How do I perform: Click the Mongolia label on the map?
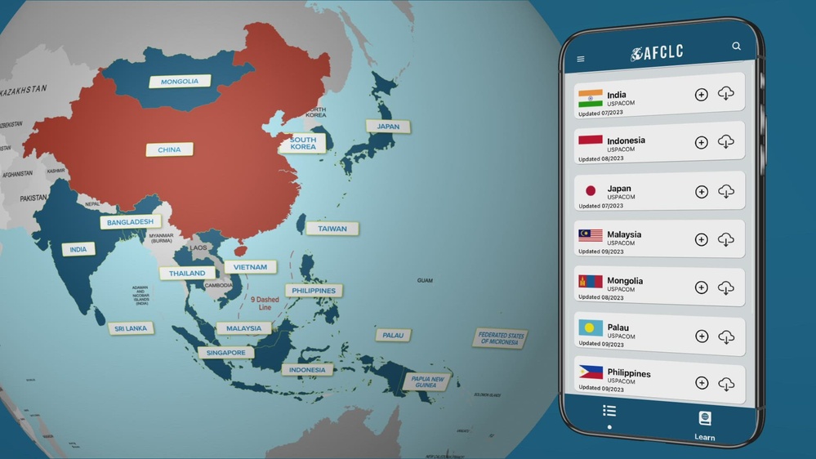(x=180, y=82)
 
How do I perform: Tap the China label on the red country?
(x=169, y=149)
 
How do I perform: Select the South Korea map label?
(x=303, y=144)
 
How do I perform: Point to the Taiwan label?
(x=332, y=229)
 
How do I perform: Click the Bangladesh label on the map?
(x=131, y=221)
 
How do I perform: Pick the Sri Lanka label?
(x=130, y=328)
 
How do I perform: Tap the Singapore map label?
(x=225, y=353)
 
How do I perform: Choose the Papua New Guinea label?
(x=427, y=381)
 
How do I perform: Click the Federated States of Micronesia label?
(x=500, y=338)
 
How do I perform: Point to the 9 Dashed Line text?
(x=264, y=304)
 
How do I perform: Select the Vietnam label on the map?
(x=250, y=267)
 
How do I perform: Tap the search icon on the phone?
(x=737, y=47)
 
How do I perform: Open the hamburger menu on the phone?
(x=581, y=59)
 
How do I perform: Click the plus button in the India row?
(x=701, y=95)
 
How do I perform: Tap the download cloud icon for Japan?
(x=725, y=192)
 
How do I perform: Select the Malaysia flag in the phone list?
(x=591, y=235)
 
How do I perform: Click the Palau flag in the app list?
(x=591, y=328)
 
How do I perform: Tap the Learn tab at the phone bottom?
(x=704, y=426)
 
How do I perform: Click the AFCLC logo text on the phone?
(x=657, y=53)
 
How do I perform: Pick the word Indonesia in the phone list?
(x=626, y=140)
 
